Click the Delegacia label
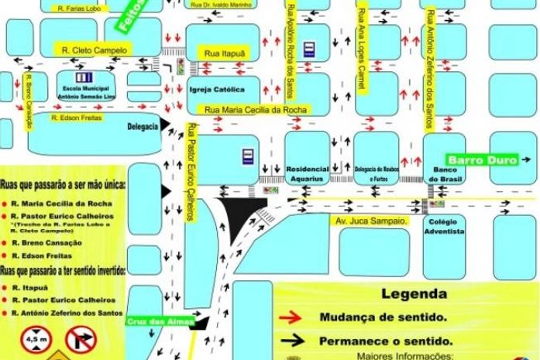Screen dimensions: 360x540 (x=143, y=125)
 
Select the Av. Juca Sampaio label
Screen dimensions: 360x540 (x=370, y=221)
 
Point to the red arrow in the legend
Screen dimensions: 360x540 (x=293, y=316)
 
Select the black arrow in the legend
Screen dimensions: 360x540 (x=293, y=340)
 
